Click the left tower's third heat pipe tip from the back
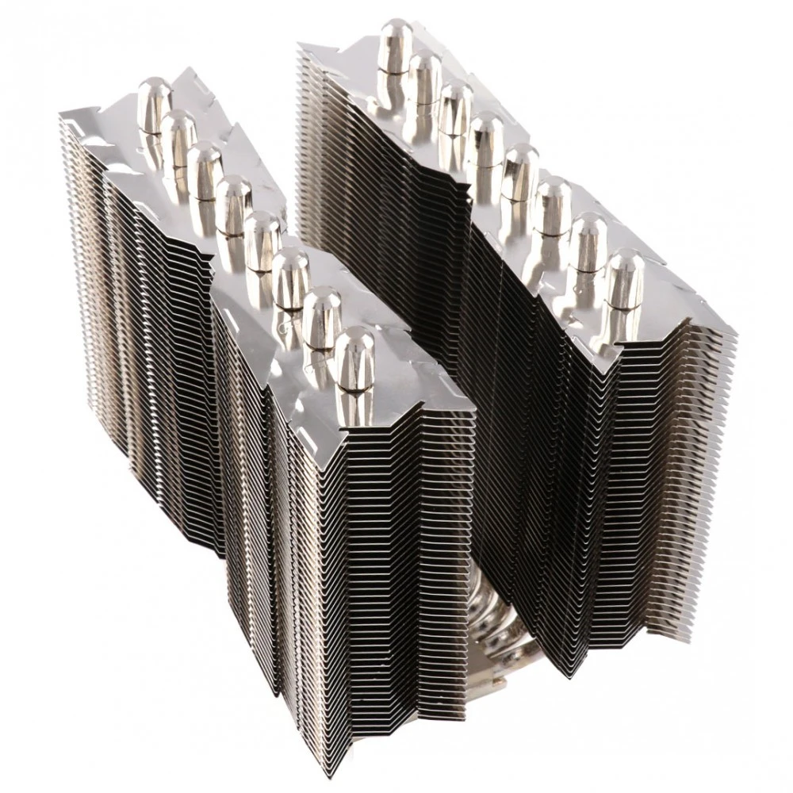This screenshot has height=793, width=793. tap(204, 163)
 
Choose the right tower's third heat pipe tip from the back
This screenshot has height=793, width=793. tap(455, 101)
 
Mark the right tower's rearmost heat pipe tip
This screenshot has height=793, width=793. tap(395, 40)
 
